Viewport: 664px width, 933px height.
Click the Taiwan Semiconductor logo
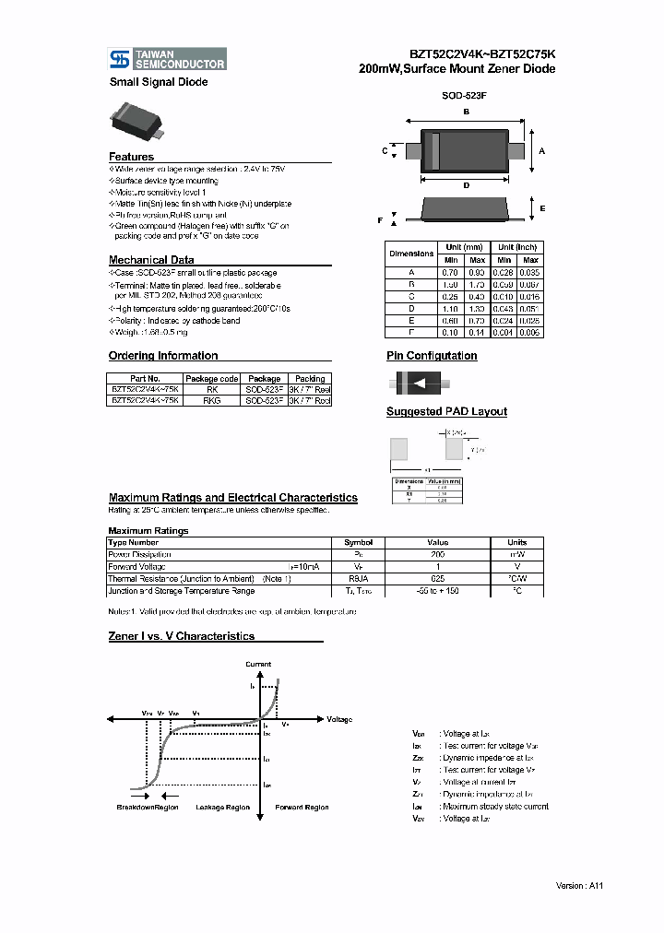[x=167, y=59]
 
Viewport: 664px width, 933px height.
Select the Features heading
[x=131, y=157]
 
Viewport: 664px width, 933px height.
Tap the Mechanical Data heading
[x=151, y=260]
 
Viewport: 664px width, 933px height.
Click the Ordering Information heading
[x=163, y=356]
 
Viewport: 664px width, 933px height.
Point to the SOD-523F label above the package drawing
[x=465, y=95]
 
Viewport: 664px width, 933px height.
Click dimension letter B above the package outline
[x=466, y=112]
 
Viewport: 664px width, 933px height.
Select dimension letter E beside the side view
[x=542, y=209]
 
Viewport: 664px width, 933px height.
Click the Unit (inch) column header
[x=518, y=248]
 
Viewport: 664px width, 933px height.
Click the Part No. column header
[x=145, y=379]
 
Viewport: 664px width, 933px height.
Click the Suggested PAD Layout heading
[x=445, y=412]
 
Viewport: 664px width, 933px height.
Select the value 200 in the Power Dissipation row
[x=437, y=555]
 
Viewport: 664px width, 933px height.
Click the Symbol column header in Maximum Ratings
[x=358, y=543]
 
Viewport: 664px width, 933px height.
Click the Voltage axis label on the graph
[x=339, y=718]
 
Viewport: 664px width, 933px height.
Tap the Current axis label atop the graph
[x=258, y=664]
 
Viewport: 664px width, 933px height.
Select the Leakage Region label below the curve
[x=223, y=807]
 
